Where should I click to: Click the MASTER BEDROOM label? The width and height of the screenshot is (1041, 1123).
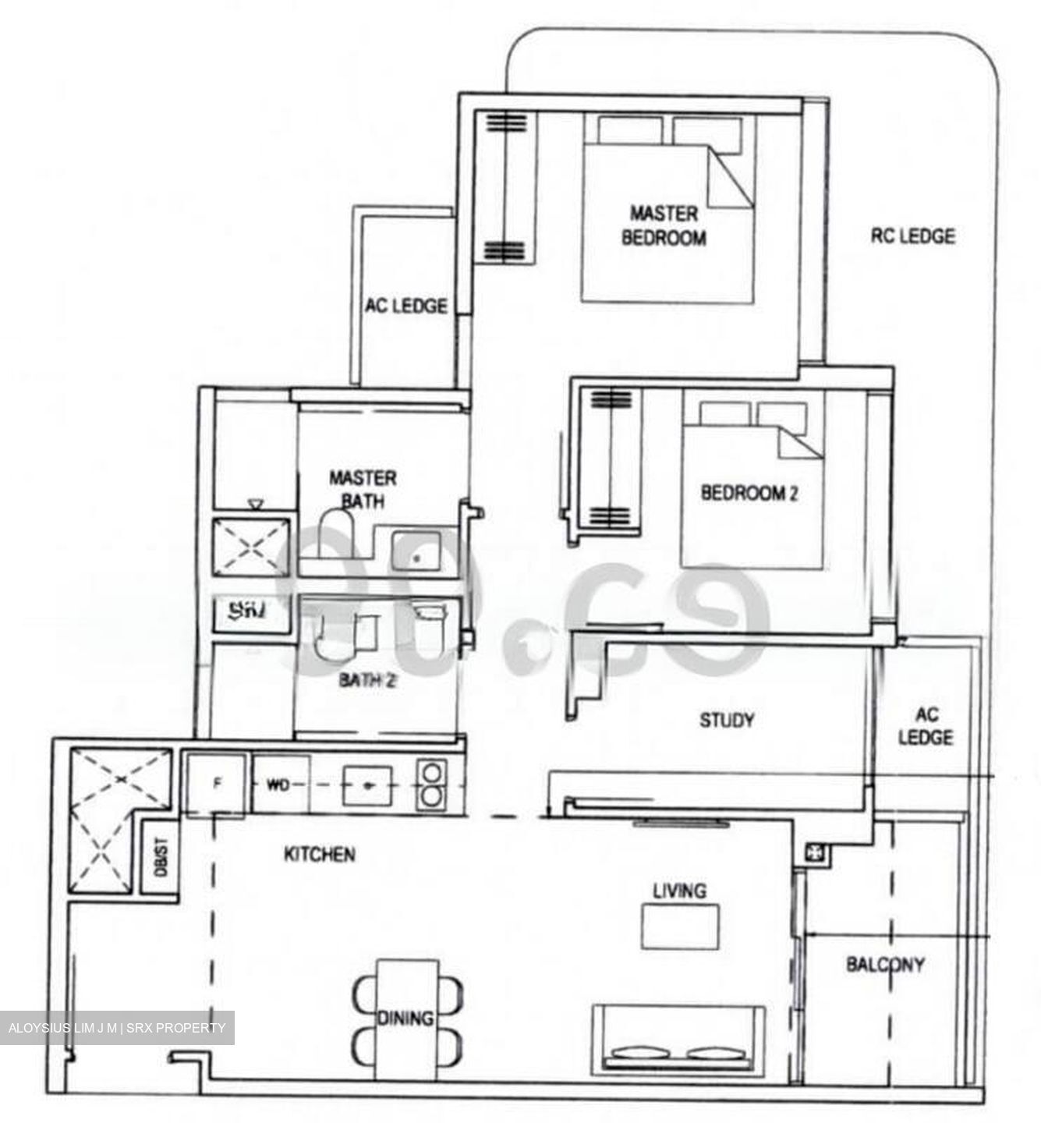664,225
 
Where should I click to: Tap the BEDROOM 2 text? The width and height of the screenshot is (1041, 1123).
749,493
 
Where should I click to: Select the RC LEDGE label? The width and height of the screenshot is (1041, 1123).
912,236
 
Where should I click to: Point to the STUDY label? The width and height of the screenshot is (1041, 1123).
727,720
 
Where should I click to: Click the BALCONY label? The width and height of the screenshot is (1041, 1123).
885,965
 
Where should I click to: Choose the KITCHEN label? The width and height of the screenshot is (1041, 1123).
319,855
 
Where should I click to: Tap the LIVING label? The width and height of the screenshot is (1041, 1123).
679,891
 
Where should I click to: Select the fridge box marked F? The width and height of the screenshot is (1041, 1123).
217,784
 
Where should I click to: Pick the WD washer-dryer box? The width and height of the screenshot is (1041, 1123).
279,785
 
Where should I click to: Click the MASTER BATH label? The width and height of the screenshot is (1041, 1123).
363,489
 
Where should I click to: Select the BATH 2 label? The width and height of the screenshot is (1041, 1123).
367,681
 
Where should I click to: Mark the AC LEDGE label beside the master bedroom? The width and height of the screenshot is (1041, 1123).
406,306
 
